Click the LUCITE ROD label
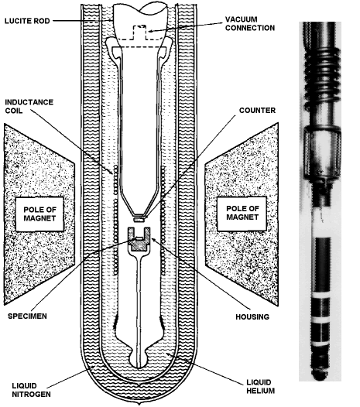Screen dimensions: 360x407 point(27,21)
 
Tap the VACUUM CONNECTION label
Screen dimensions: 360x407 point(250,24)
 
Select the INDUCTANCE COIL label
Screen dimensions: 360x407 point(29,106)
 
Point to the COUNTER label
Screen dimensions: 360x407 point(257,111)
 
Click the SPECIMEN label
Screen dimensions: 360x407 point(27,316)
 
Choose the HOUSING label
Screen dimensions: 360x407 point(252,316)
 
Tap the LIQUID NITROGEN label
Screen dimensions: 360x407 point(32,390)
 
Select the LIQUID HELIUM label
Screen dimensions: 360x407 point(261,386)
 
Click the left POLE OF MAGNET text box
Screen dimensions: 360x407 point(39,214)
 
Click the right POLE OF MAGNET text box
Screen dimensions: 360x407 point(242,213)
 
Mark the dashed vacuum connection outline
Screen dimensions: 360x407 point(139,32)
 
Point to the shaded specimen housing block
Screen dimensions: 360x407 point(139,244)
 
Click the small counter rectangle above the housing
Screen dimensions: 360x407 point(139,220)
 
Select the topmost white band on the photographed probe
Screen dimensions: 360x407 point(321,296)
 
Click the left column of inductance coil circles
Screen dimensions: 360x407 point(115,220)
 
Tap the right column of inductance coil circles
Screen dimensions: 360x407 point(163,220)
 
